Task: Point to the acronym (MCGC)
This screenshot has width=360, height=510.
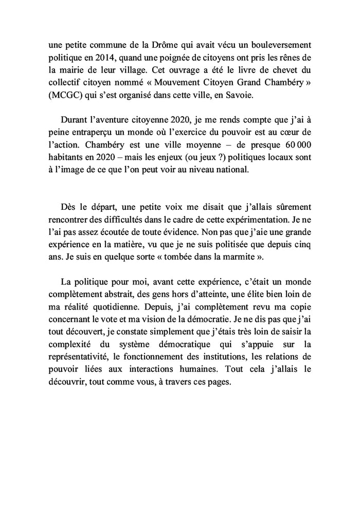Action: point(73,96)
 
